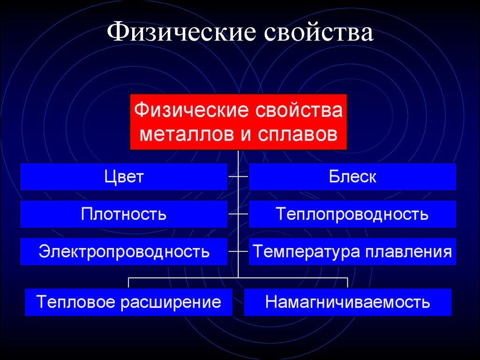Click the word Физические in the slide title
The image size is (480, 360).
tap(181, 31)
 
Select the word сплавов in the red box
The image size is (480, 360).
tap(297, 134)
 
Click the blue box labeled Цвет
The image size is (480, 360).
tap(124, 177)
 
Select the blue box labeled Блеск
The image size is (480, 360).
tap(352, 177)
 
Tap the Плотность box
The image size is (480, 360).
tap(124, 214)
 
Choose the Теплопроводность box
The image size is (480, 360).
tap(352, 214)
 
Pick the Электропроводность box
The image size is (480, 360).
tap(124, 251)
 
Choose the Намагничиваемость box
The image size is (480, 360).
tap(348, 302)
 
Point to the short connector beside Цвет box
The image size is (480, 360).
tap(238, 177)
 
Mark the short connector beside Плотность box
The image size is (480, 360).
tap(238, 214)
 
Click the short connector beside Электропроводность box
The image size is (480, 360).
tap(238, 251)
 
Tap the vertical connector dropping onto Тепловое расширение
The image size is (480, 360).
tap(128, 283)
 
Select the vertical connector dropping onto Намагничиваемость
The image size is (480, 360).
tap(348, 283)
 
